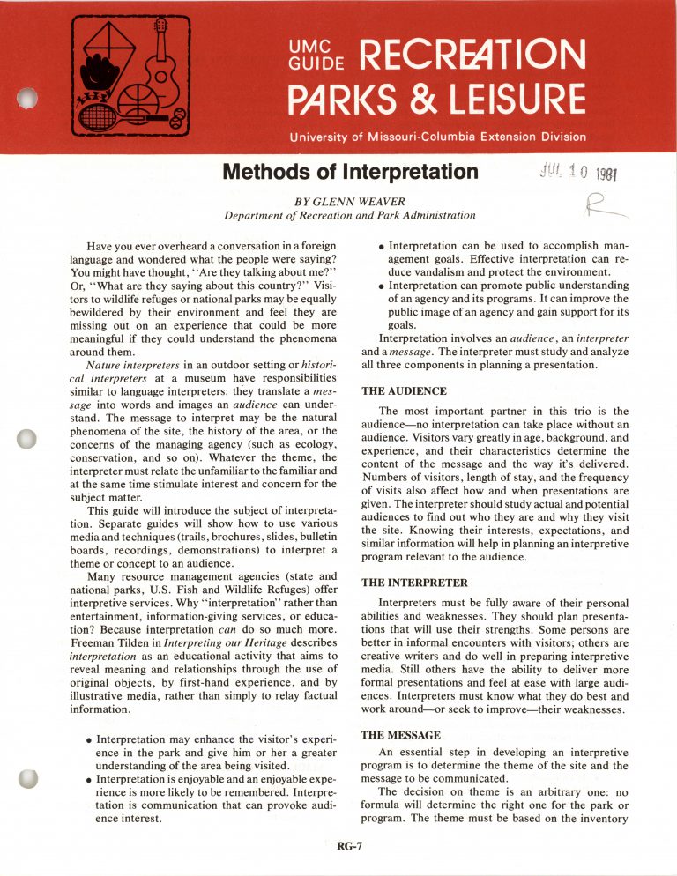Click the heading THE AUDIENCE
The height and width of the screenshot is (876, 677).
(405, 390)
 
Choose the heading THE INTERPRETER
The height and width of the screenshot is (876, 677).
(417, 583)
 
